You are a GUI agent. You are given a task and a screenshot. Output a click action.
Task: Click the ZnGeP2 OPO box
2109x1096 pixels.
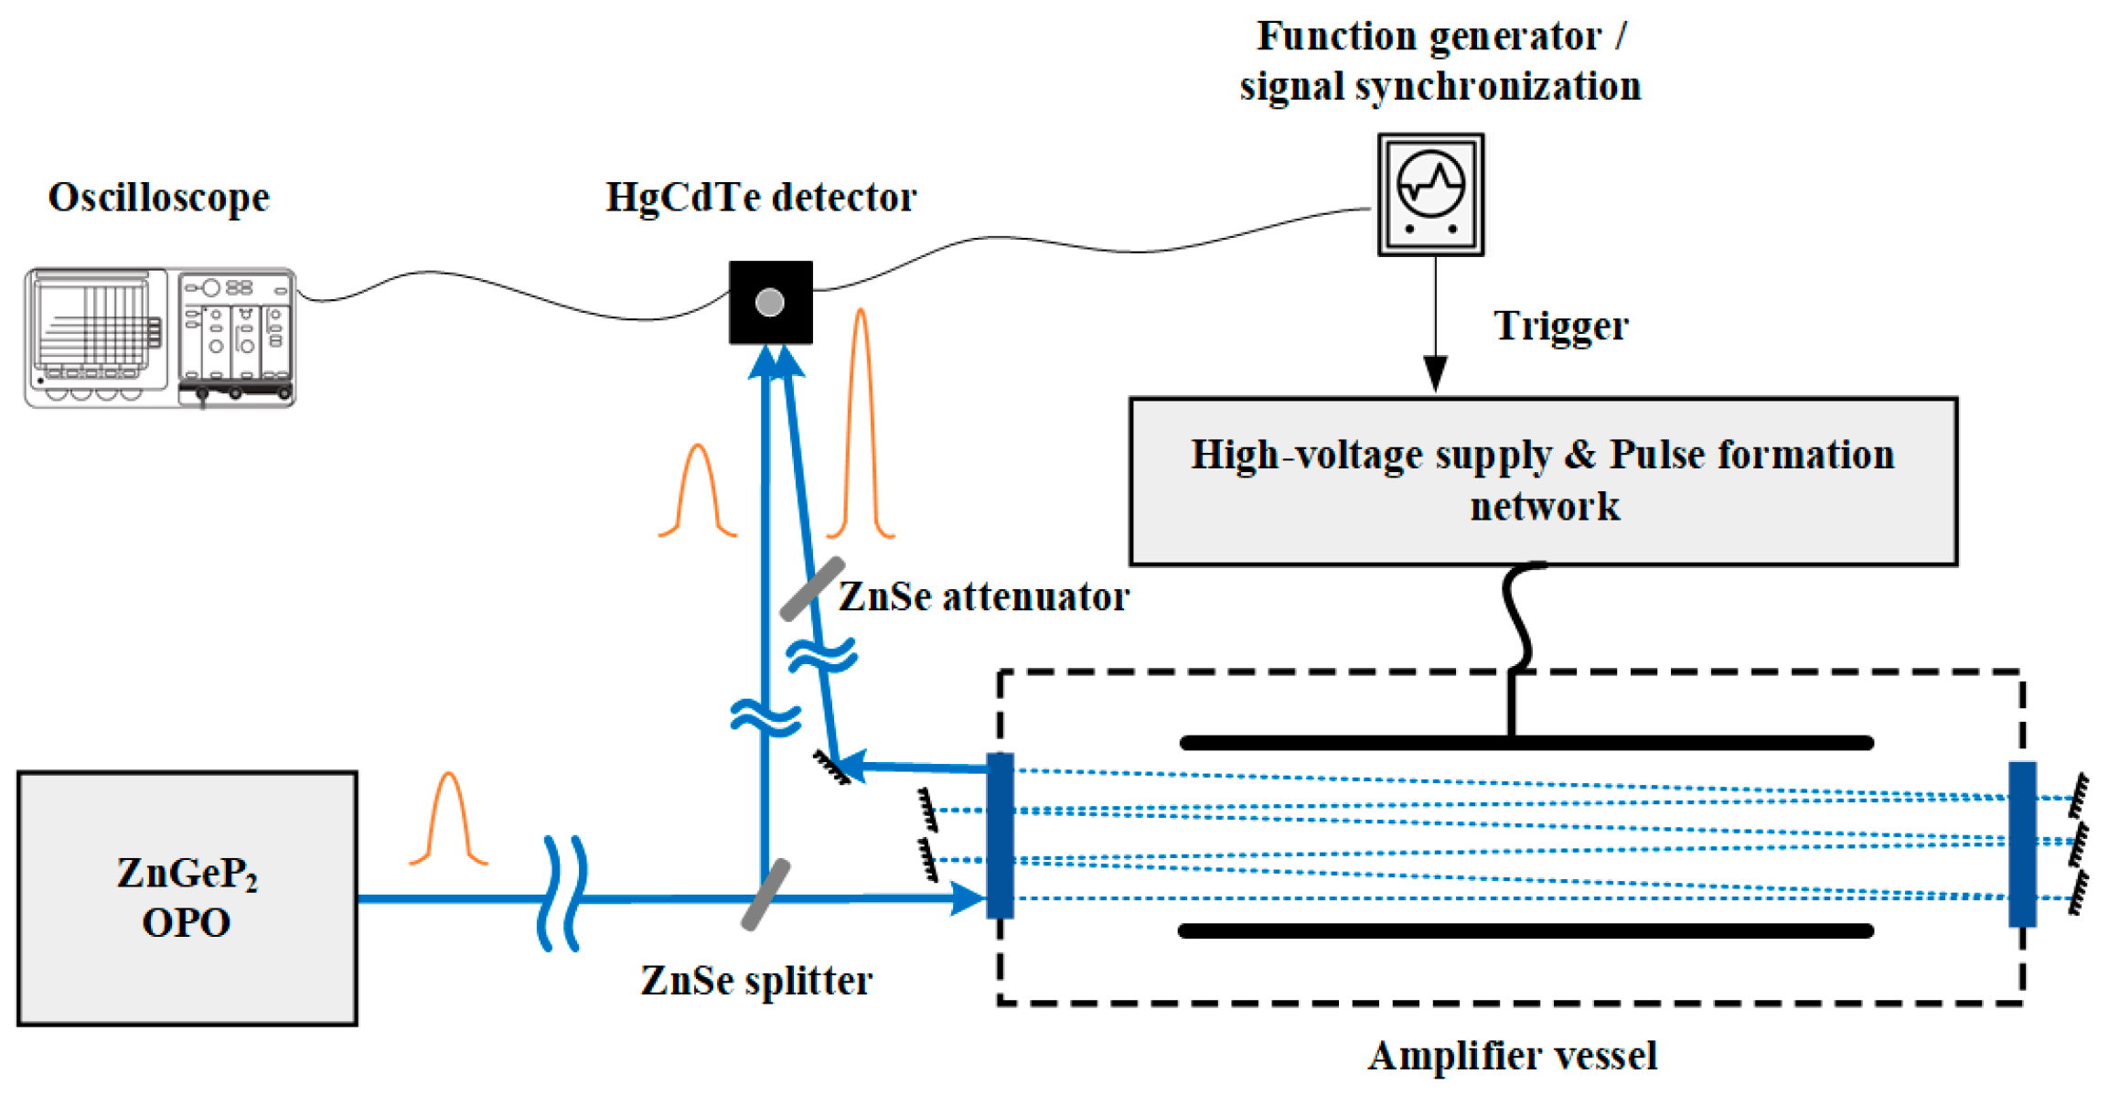(x=187, y=897)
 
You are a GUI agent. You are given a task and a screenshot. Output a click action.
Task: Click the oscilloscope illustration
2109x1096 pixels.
(x=160, y=338)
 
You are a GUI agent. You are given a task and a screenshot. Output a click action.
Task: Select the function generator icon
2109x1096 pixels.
(x=1430, y=194)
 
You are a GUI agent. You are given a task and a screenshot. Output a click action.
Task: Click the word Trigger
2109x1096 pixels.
(x=1560, y=327)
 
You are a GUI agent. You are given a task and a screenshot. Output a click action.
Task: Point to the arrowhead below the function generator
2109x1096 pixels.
(x=1435, y=373)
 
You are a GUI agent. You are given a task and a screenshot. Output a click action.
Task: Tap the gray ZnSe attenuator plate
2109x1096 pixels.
(x=812, y=588)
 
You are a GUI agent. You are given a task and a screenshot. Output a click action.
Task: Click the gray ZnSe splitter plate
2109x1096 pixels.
(x=765, y=895)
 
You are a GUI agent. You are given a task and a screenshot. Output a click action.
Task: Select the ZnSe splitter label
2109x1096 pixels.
(x=755, y=981)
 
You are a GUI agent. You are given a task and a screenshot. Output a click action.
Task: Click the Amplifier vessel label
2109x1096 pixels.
(x=1512, y=1056)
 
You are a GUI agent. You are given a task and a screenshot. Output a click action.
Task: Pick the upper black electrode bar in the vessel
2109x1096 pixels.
(x=1526, y=743)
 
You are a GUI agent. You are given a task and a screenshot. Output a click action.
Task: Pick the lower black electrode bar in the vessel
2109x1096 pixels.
(x=1526, y=931)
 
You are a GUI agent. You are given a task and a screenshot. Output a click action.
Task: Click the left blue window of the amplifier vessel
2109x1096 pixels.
(x=1001, y=835)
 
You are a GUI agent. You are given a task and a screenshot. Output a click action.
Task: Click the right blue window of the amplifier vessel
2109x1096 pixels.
(x=2021, y=843)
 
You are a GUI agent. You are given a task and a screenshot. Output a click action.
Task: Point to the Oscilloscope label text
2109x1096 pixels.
(x=158, y=198)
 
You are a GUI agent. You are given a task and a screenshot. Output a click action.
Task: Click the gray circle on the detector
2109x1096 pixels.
(x=770, y=302)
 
